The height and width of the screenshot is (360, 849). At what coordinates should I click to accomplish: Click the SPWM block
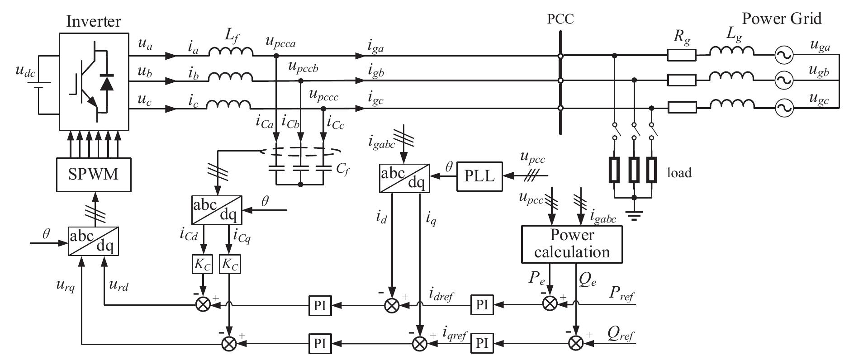pyautogui.click(x=93, y=174)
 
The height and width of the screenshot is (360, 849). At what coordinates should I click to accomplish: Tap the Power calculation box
pyautogui.click(x=572, y=244)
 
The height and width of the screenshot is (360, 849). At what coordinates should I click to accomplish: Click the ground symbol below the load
pyautogui.click(x=634, y=216)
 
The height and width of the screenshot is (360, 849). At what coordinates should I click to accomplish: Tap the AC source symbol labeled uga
pyautogui.click(x=782, y=56)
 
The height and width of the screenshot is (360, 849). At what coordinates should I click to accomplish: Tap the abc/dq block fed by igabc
pyautogui.click(x=403, y=178)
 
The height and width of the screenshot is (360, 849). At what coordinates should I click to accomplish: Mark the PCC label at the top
pyautogui.click(x=560, y=19)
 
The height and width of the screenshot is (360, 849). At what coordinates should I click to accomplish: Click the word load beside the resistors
pyautogui.click(x=679, y=173)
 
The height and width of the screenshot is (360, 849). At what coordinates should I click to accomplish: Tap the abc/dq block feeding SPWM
pyautogui.click(x=93, y=241)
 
